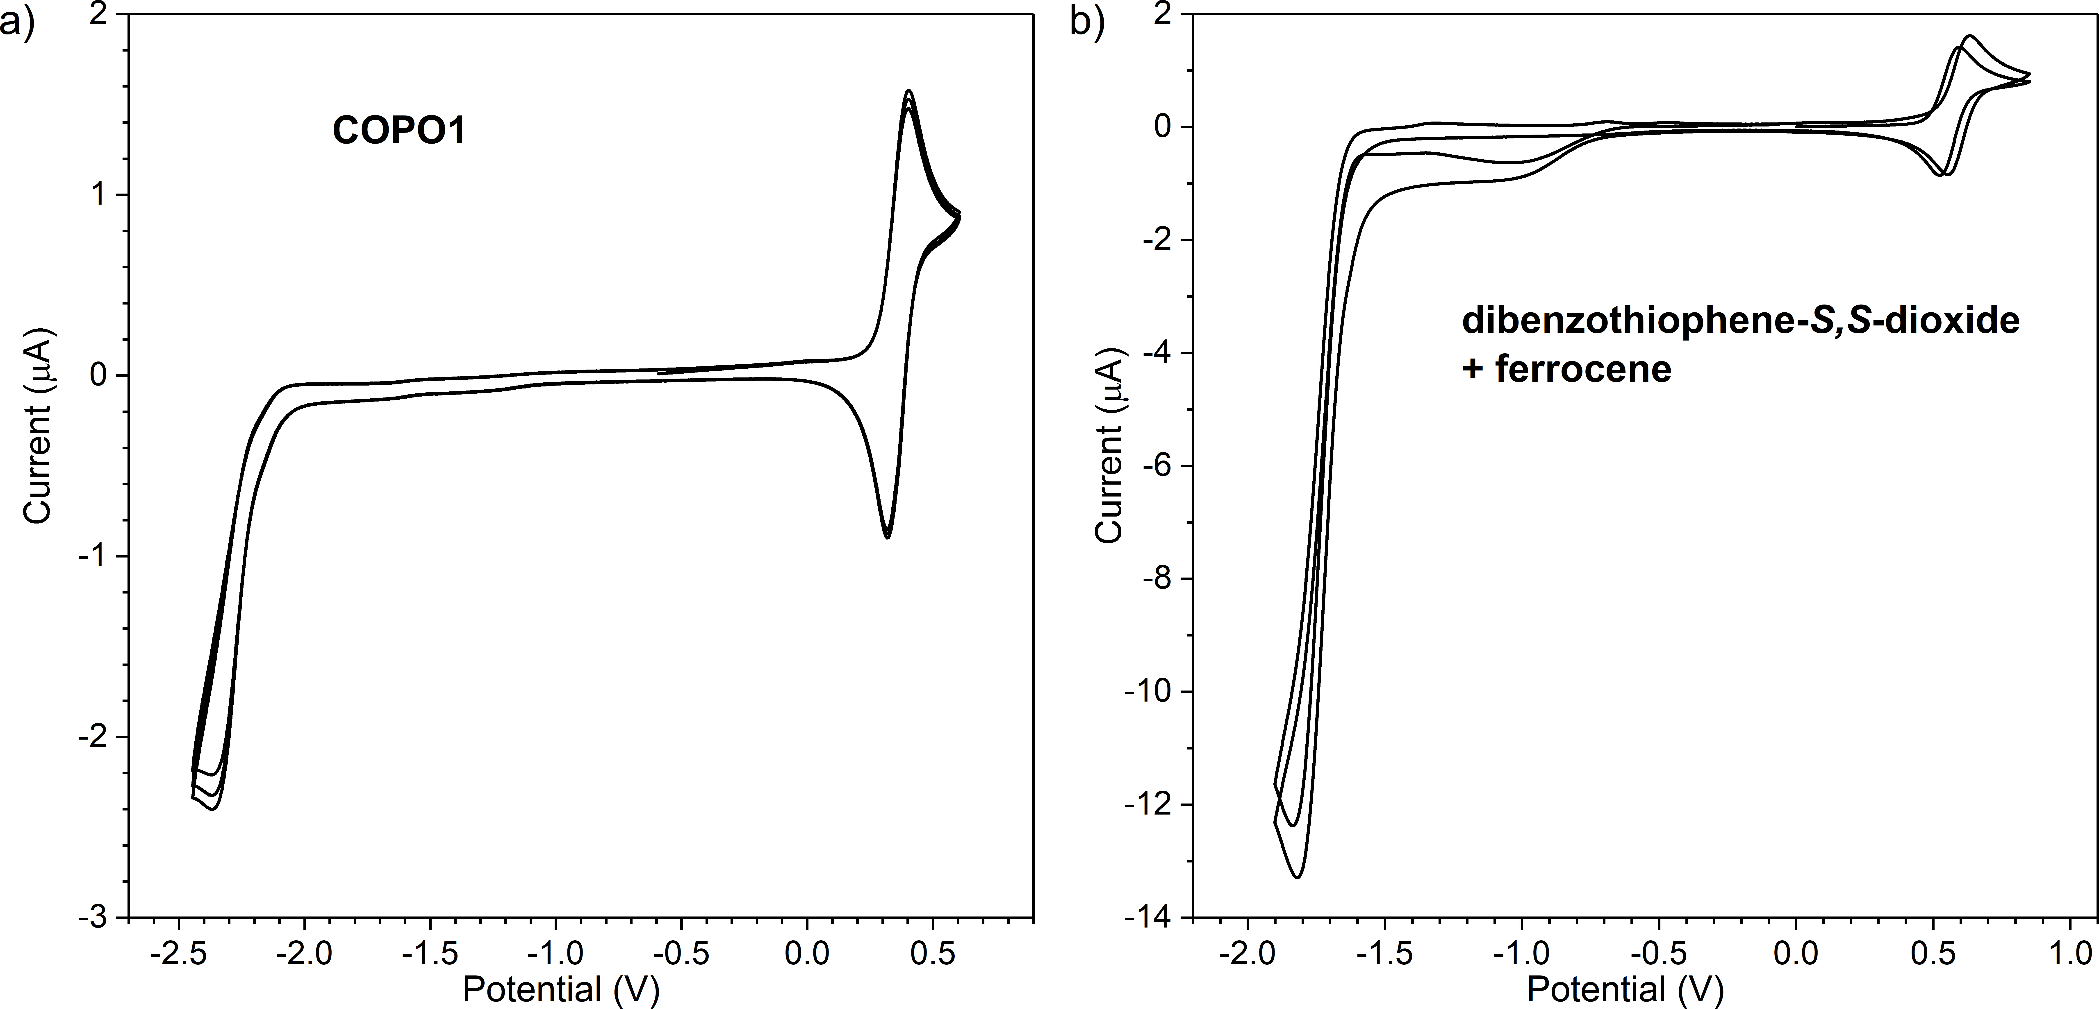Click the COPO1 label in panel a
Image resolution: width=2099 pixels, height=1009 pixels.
[398, 131]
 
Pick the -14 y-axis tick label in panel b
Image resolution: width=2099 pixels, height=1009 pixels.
[1151, 918]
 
